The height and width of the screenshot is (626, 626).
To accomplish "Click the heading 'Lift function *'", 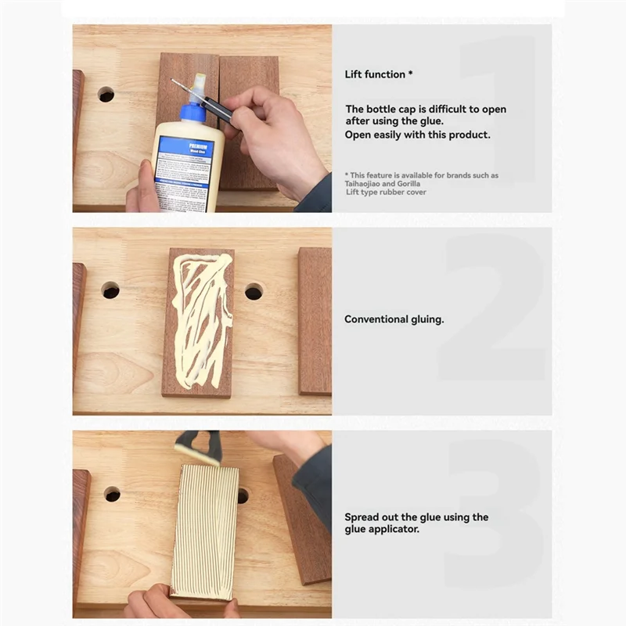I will click(x=379, y=74).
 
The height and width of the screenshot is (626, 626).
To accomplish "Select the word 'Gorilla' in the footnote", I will click(x=415, y=183).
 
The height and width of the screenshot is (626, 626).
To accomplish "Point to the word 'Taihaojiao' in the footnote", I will click(x=365, y=183).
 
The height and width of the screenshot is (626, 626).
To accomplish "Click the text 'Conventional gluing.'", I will click(x=394, y=319).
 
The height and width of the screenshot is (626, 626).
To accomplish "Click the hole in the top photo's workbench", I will click(x=106, y=95).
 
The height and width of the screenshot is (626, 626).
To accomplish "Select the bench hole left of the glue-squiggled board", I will click(x=110, y=290).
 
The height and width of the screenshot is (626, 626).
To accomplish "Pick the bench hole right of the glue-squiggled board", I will click(x=254, y=292).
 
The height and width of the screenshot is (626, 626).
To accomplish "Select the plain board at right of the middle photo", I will click(x=314, y=321).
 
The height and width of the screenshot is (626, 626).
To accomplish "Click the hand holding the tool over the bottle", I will click(x=275, y=133).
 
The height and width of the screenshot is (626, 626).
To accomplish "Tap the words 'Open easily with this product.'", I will click(x=418, y=135).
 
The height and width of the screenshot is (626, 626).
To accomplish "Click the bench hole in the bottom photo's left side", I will click(x=112, y=494).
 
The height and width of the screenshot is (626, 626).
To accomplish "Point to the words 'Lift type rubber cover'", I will click(x=386, y=192).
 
